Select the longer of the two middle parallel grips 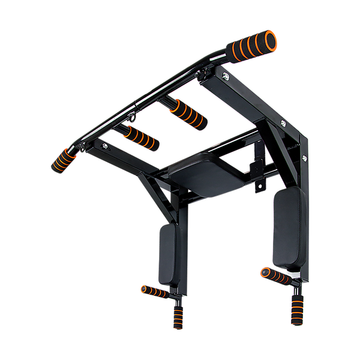[x=187, y=112]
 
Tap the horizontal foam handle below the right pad [x=275, y=275]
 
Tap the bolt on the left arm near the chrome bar [x=106, y=145]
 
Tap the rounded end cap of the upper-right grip [x=271, y=38]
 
